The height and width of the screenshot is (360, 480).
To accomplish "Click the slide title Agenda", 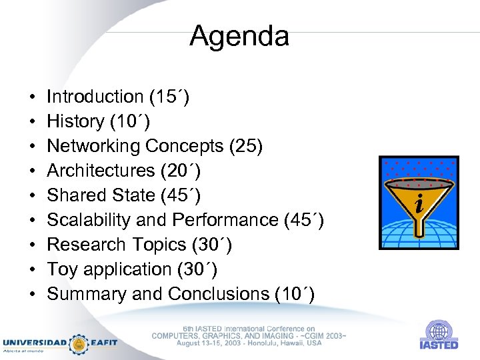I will (239, 36).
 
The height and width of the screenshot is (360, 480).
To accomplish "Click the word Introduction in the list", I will (95, 97).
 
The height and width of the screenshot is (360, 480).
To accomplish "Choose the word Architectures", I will (101, 171).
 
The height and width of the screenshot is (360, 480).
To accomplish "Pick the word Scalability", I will (87, 220).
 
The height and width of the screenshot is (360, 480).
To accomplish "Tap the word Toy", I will (61, 269).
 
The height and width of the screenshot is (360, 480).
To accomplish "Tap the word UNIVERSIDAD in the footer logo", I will (35, 343).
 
